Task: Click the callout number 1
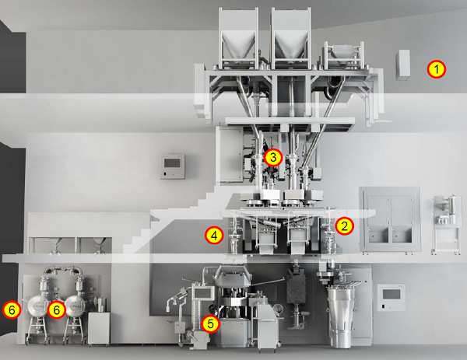point(437,69)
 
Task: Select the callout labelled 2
point(344,226)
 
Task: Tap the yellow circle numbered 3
point(273,157)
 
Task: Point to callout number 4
point(214,236)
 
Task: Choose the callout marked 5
point(210,323)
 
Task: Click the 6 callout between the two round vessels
point(56,310)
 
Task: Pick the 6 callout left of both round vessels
point(12,310)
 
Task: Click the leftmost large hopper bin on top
point(238,37)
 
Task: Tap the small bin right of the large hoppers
point(344,55)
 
